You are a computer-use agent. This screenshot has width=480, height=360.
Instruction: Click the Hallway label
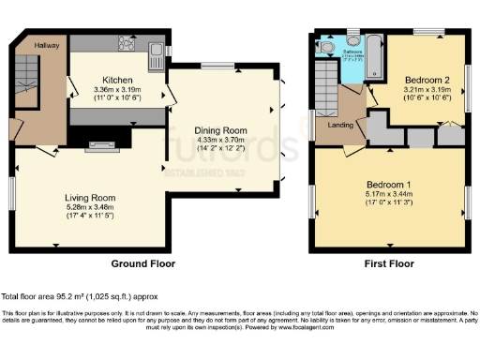pos(47,44)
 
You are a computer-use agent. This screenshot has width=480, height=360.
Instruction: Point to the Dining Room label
pos(218,130)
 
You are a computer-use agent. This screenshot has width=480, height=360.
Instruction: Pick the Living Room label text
pos(90,198)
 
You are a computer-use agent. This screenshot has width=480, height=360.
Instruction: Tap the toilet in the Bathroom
pos(325,44)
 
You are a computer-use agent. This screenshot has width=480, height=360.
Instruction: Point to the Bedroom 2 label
pos(427,80)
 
